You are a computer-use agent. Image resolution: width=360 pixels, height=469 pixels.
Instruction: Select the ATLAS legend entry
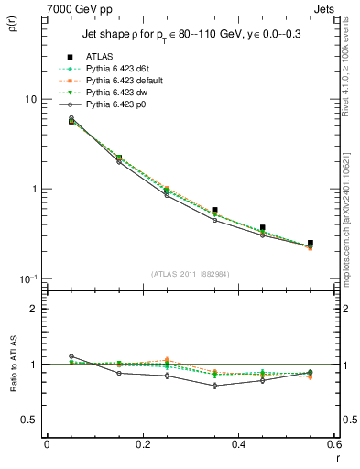tap(103, 57)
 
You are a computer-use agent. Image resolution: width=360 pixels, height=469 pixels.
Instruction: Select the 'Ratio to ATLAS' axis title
tap(13, 363)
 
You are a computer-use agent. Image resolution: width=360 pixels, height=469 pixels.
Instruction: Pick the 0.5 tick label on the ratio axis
tap(27, 420)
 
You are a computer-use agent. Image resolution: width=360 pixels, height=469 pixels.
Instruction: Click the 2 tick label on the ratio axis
tap(33, 309)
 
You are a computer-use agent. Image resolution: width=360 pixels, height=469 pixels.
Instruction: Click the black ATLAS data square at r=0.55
tap(311, 243)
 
